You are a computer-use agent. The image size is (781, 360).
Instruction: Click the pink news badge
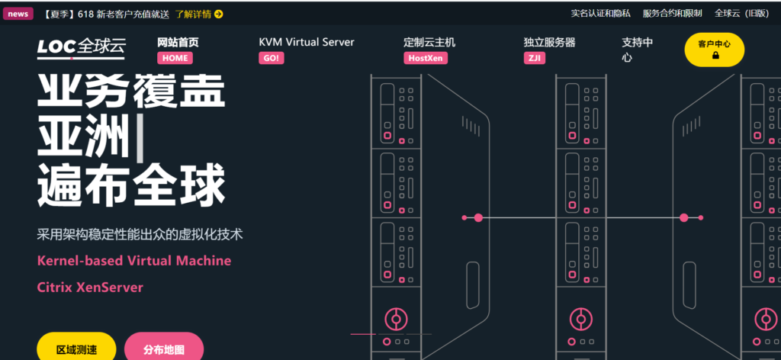18,14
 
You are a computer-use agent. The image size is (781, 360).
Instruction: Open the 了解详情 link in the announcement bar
199,14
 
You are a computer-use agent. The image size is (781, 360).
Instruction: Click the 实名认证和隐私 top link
600,14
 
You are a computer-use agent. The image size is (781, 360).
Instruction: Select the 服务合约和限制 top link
672,14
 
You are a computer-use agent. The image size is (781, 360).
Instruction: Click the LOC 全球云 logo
82,48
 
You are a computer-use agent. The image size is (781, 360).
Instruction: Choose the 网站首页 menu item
178,43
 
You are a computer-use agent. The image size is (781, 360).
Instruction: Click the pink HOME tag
175,58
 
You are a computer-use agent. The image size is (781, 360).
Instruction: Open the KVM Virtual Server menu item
307,43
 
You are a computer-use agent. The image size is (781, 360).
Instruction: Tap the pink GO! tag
271,58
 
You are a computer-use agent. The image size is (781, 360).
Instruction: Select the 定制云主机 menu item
429,43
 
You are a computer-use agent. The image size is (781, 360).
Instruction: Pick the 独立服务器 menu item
549,43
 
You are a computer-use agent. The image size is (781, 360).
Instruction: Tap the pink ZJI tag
535,58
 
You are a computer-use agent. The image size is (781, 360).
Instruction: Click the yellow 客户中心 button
714,50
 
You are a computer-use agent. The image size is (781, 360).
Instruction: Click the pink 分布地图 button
163,349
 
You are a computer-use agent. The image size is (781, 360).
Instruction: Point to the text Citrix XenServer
90,288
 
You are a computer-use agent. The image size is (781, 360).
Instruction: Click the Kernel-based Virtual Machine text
133,261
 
